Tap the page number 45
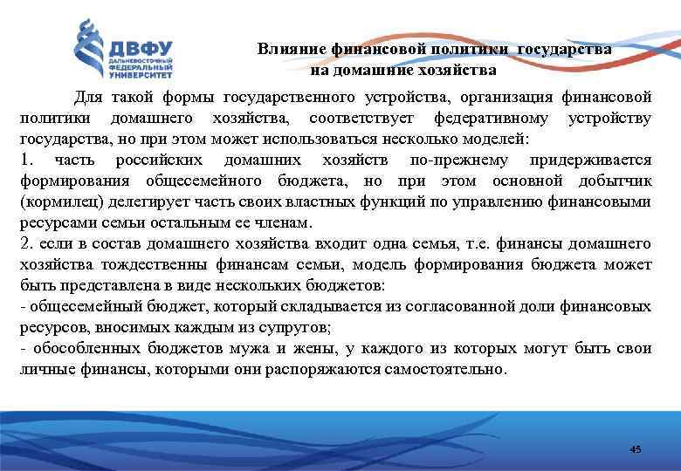pos(635,449)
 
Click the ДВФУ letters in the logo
pos(141,47)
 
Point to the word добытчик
pos(615,181)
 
